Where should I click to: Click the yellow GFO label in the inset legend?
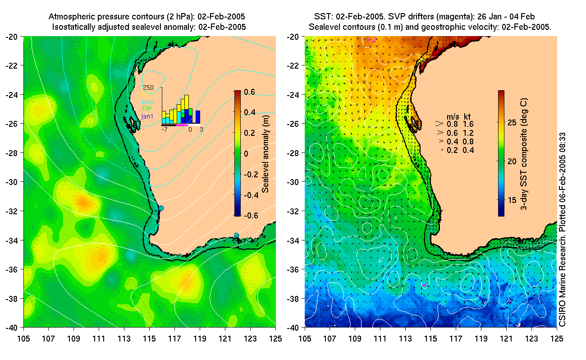pyautogui.click(x=148, y=95)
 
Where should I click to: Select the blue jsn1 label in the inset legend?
pyautogui.click(x=148, y=116)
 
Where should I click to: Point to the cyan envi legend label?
pyautogui.click(x=148, y=102)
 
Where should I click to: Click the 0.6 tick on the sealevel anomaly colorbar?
pyautogui.click(x=251, y=92)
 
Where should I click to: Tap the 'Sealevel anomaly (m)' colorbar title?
pyautogui.click(x=266, y=153)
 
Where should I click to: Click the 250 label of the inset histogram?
pyautogui.click(x=148, y=88)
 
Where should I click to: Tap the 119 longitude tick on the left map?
pyautogui.click(x=200, y=338)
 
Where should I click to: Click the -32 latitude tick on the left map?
pyautogui.click(x=12, y=211)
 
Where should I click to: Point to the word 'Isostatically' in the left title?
pyautogui.click(x=73, y=27)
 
